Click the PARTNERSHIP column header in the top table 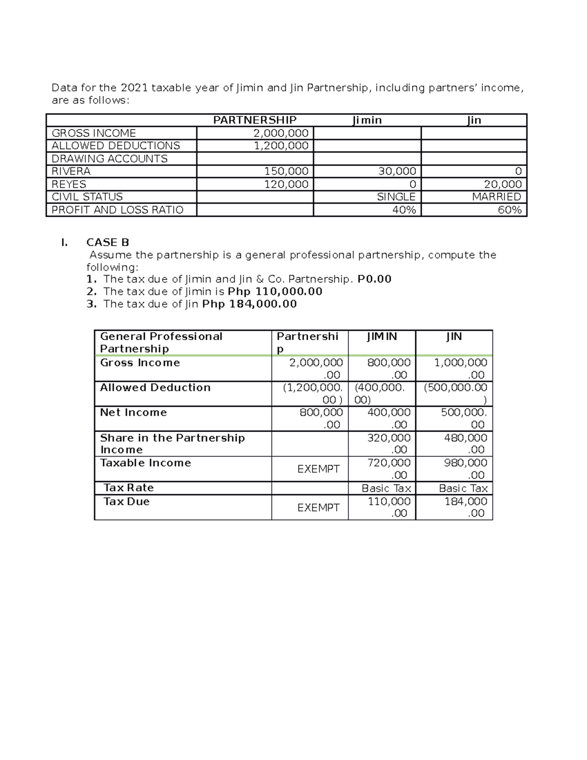(x=254, y=120)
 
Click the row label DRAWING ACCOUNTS (x=110, y=159)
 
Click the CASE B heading (x=108, y=242)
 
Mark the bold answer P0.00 (x=374, y=279)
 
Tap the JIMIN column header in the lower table (x=382, y=337)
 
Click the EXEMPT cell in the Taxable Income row (x=318, y=469)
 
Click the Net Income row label (x=133, y=413)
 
